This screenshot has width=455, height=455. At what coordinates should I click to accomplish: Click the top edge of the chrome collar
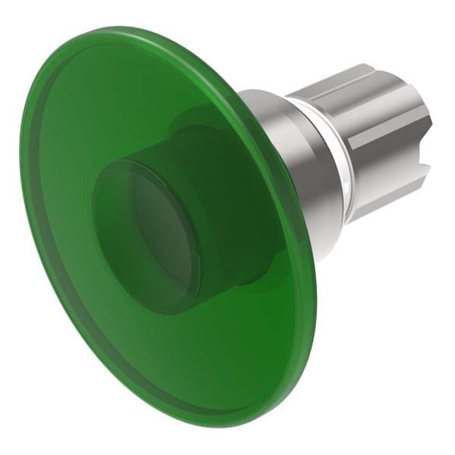tap(265, 93)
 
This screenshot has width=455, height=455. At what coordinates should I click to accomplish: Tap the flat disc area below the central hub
tap(190, 356)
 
